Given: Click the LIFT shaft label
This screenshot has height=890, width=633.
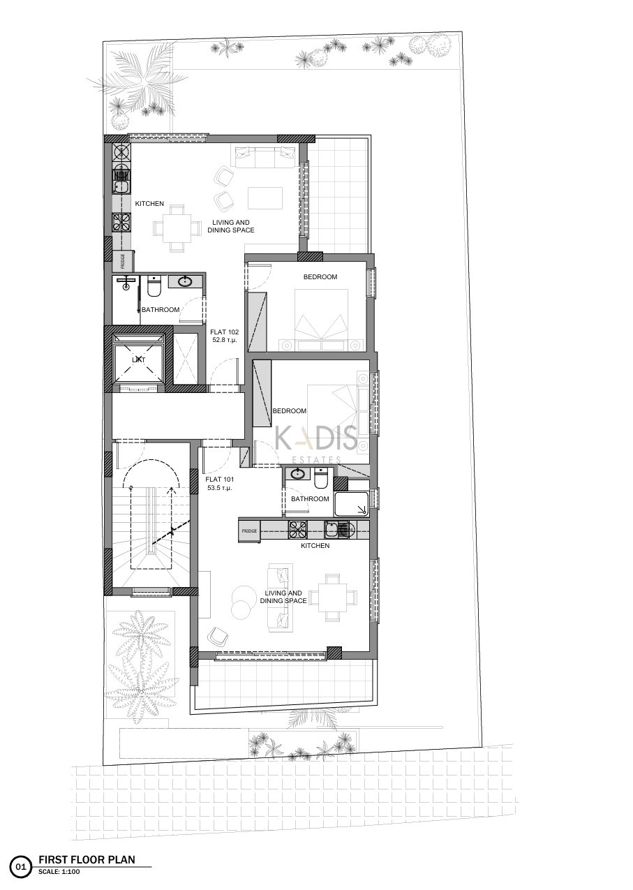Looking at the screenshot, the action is coord(139,360).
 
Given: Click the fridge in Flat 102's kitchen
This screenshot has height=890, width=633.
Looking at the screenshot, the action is coord(122,260).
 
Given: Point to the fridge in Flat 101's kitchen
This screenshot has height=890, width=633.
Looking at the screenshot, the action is coord(250,531).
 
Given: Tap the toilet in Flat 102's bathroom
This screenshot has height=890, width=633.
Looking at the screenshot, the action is coord(154,286).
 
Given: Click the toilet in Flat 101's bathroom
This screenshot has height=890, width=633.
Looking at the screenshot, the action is coord(320,478).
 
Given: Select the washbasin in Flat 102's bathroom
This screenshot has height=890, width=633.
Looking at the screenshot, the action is coord(185,282).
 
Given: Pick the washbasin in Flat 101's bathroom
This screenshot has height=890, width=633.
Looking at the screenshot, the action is coord(297,473).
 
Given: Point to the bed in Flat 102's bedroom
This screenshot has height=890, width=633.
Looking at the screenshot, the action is coord(322,320).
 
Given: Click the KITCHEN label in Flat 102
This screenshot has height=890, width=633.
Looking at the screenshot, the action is coord(149,204).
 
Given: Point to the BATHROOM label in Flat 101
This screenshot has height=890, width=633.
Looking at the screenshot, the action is coord(310,499).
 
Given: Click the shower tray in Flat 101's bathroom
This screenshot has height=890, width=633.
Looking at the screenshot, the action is coord(352,504).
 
